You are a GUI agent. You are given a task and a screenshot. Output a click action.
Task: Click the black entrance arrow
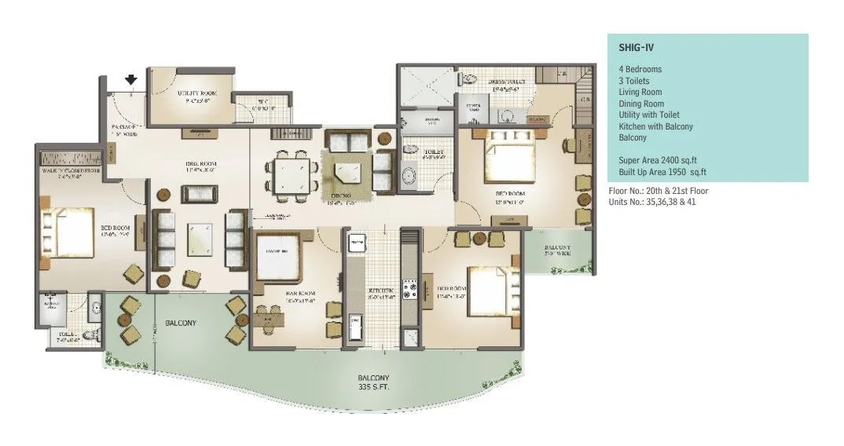tap(131, 79)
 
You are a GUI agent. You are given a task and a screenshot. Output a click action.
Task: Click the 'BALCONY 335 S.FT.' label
tap(374, 382)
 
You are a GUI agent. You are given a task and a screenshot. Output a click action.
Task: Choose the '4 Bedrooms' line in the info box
tap(640, 69)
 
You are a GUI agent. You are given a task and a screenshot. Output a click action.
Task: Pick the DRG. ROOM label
tap(200, 166)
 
